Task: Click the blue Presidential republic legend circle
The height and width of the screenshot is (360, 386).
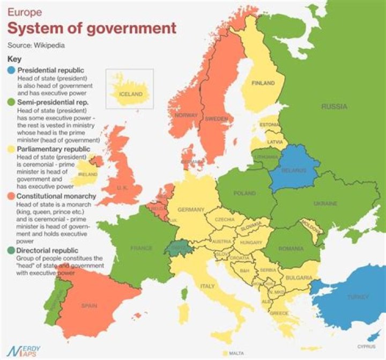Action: [x=12, y=70]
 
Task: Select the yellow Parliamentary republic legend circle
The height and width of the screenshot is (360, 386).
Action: [x=12, y=149]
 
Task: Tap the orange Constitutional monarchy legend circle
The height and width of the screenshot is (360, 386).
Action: [x=12, y=196]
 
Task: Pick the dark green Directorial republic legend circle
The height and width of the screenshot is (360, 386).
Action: [x=12, y=251]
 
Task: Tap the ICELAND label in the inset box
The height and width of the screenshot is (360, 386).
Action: [x=131, y=94]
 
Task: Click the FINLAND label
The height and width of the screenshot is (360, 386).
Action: [x=263, y=83]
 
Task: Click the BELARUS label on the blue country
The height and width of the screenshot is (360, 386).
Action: [x=293, y=171]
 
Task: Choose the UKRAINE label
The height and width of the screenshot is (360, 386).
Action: [x=325, y=204]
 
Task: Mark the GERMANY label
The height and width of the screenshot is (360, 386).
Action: [x=191, y=209]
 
